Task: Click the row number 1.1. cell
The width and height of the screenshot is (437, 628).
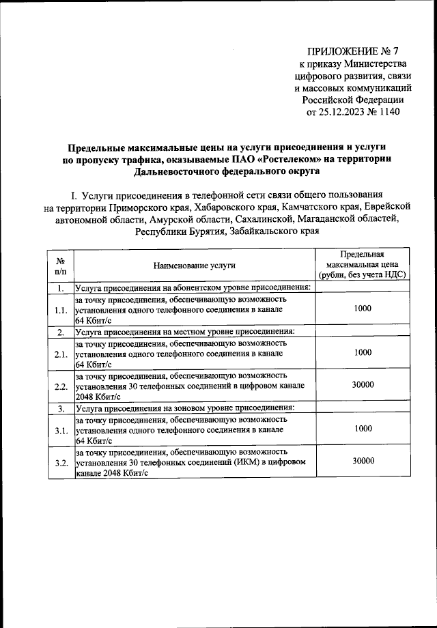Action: [x=61, y=310]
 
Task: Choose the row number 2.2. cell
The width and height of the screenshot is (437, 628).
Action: [x=61, y=386]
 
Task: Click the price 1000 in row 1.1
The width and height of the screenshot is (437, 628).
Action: [x=363, y=309]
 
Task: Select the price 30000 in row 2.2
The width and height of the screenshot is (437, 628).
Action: [x=363, y=385]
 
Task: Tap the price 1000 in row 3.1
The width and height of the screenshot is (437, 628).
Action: [x=363, y=429]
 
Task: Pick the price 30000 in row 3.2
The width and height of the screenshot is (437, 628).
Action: [x=363, y=461]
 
